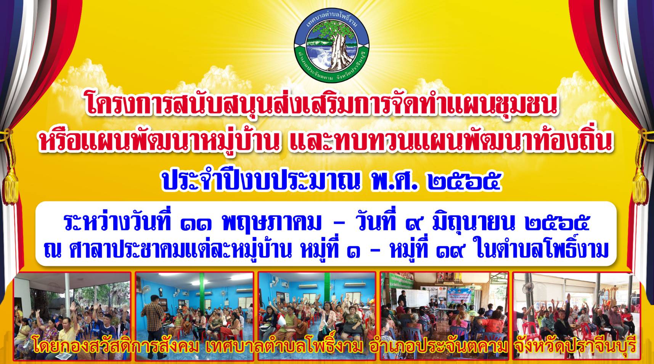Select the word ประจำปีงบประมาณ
[261, 181]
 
